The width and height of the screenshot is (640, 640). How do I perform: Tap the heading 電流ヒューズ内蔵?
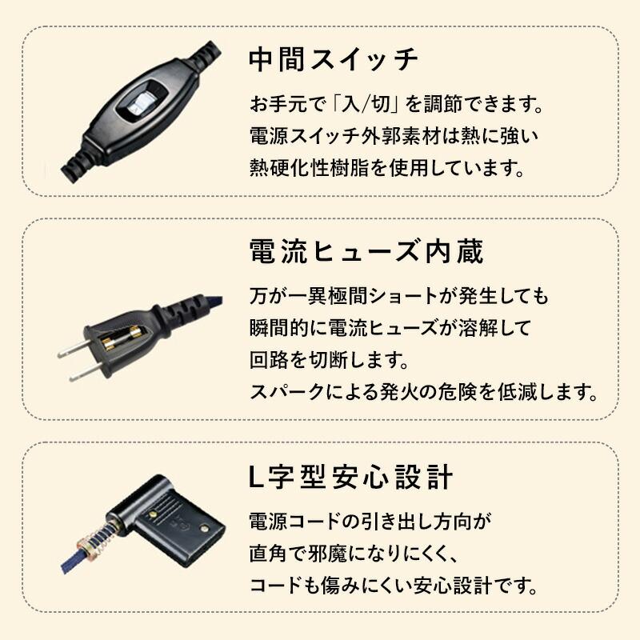pos(366,252)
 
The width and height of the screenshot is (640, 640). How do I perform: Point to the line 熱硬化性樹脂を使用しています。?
pos(386,168)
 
